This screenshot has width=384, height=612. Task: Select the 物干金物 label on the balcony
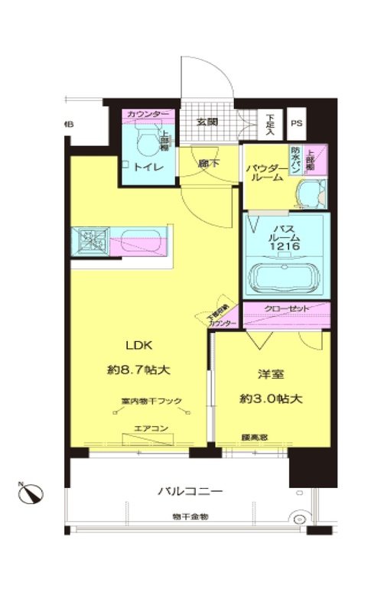[190, 517]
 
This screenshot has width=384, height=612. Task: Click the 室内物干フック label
[150, 400]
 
